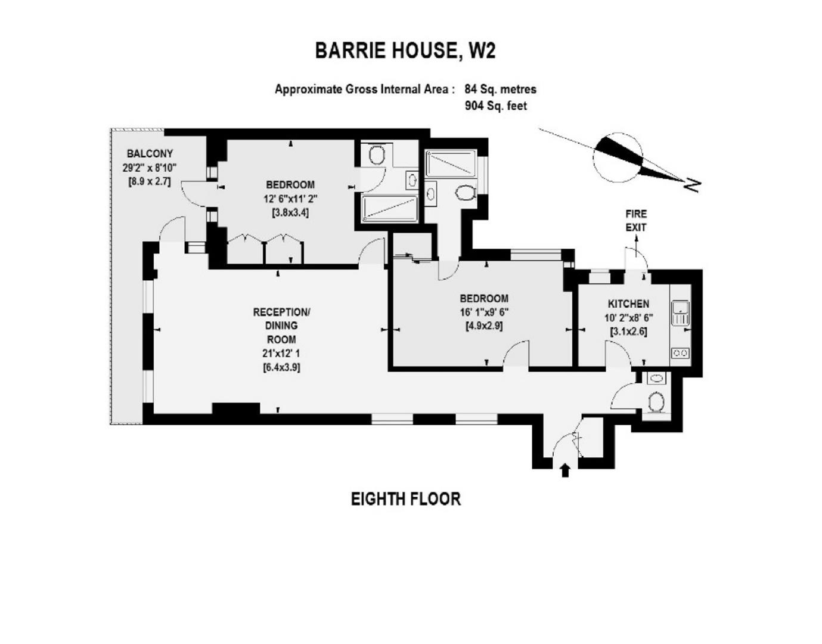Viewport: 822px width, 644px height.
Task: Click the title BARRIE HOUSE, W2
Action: coord(405,51)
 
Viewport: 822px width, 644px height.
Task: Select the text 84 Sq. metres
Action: coord(500,89)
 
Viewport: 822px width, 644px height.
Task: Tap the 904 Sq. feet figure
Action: coord(495,106)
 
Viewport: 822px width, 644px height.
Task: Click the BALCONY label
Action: coord(150,154)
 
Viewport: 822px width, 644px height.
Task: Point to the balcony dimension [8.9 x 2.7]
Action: coord(150,181)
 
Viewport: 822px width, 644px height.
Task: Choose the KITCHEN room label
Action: coord(628,304)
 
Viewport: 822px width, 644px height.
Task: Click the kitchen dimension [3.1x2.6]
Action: coord(629,332)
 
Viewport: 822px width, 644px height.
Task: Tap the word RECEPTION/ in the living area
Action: coord(281,312)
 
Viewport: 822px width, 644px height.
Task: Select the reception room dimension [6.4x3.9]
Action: coord(281,367)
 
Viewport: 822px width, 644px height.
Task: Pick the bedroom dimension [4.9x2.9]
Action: coord(483,326)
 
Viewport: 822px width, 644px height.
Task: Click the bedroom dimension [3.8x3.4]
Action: coord(290,212)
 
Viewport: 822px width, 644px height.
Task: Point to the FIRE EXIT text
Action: coord(635,220)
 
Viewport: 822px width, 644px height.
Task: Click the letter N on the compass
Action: coord(691,185)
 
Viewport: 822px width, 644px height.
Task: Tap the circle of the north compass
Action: coord(617,158)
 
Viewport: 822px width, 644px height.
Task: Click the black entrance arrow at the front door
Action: coord(565,470)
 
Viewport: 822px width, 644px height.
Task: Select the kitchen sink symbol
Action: coord(680,313)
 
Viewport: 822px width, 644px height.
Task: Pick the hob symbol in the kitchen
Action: coord(680,353)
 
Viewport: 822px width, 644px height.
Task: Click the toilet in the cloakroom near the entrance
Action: coord(657,402)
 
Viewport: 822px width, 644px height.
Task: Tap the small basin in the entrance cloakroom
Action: coord(656,378)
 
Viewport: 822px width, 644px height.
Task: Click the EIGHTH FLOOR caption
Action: coord(405,499)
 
